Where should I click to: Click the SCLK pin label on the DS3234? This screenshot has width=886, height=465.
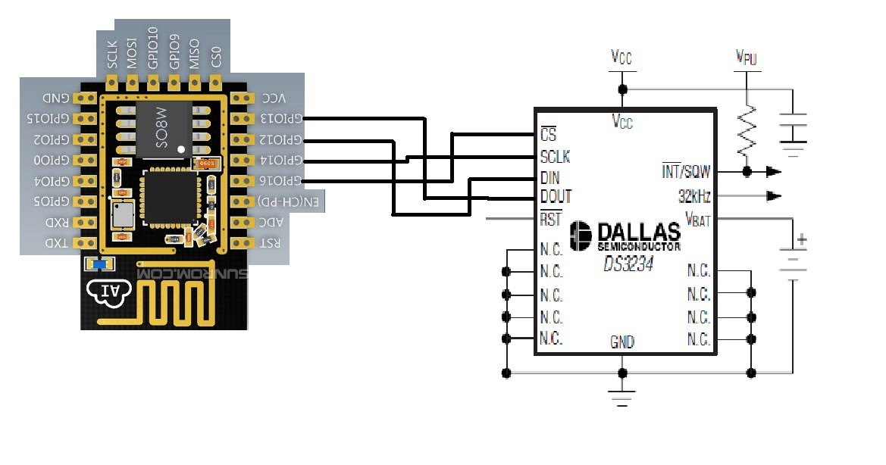click(x=555, y=157)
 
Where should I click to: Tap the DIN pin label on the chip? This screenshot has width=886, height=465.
click(x=550, y=177)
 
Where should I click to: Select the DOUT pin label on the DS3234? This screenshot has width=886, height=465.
click(x=556, y=197)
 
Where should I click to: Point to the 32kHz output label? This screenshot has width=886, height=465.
click(x=693, y=197)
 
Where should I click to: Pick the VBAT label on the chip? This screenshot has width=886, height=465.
click(x=697, y=219)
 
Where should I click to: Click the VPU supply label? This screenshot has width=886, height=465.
click(x=747, y=58)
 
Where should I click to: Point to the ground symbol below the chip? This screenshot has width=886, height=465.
click(x=622, y=399)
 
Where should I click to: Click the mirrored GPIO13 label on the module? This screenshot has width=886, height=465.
click(x=280, y=119)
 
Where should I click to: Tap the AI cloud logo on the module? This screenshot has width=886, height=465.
click(x=108, y=292)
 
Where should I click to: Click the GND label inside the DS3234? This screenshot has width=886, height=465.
click(x=622, y=342)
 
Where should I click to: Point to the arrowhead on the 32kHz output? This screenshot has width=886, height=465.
click(x=774, y=197)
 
